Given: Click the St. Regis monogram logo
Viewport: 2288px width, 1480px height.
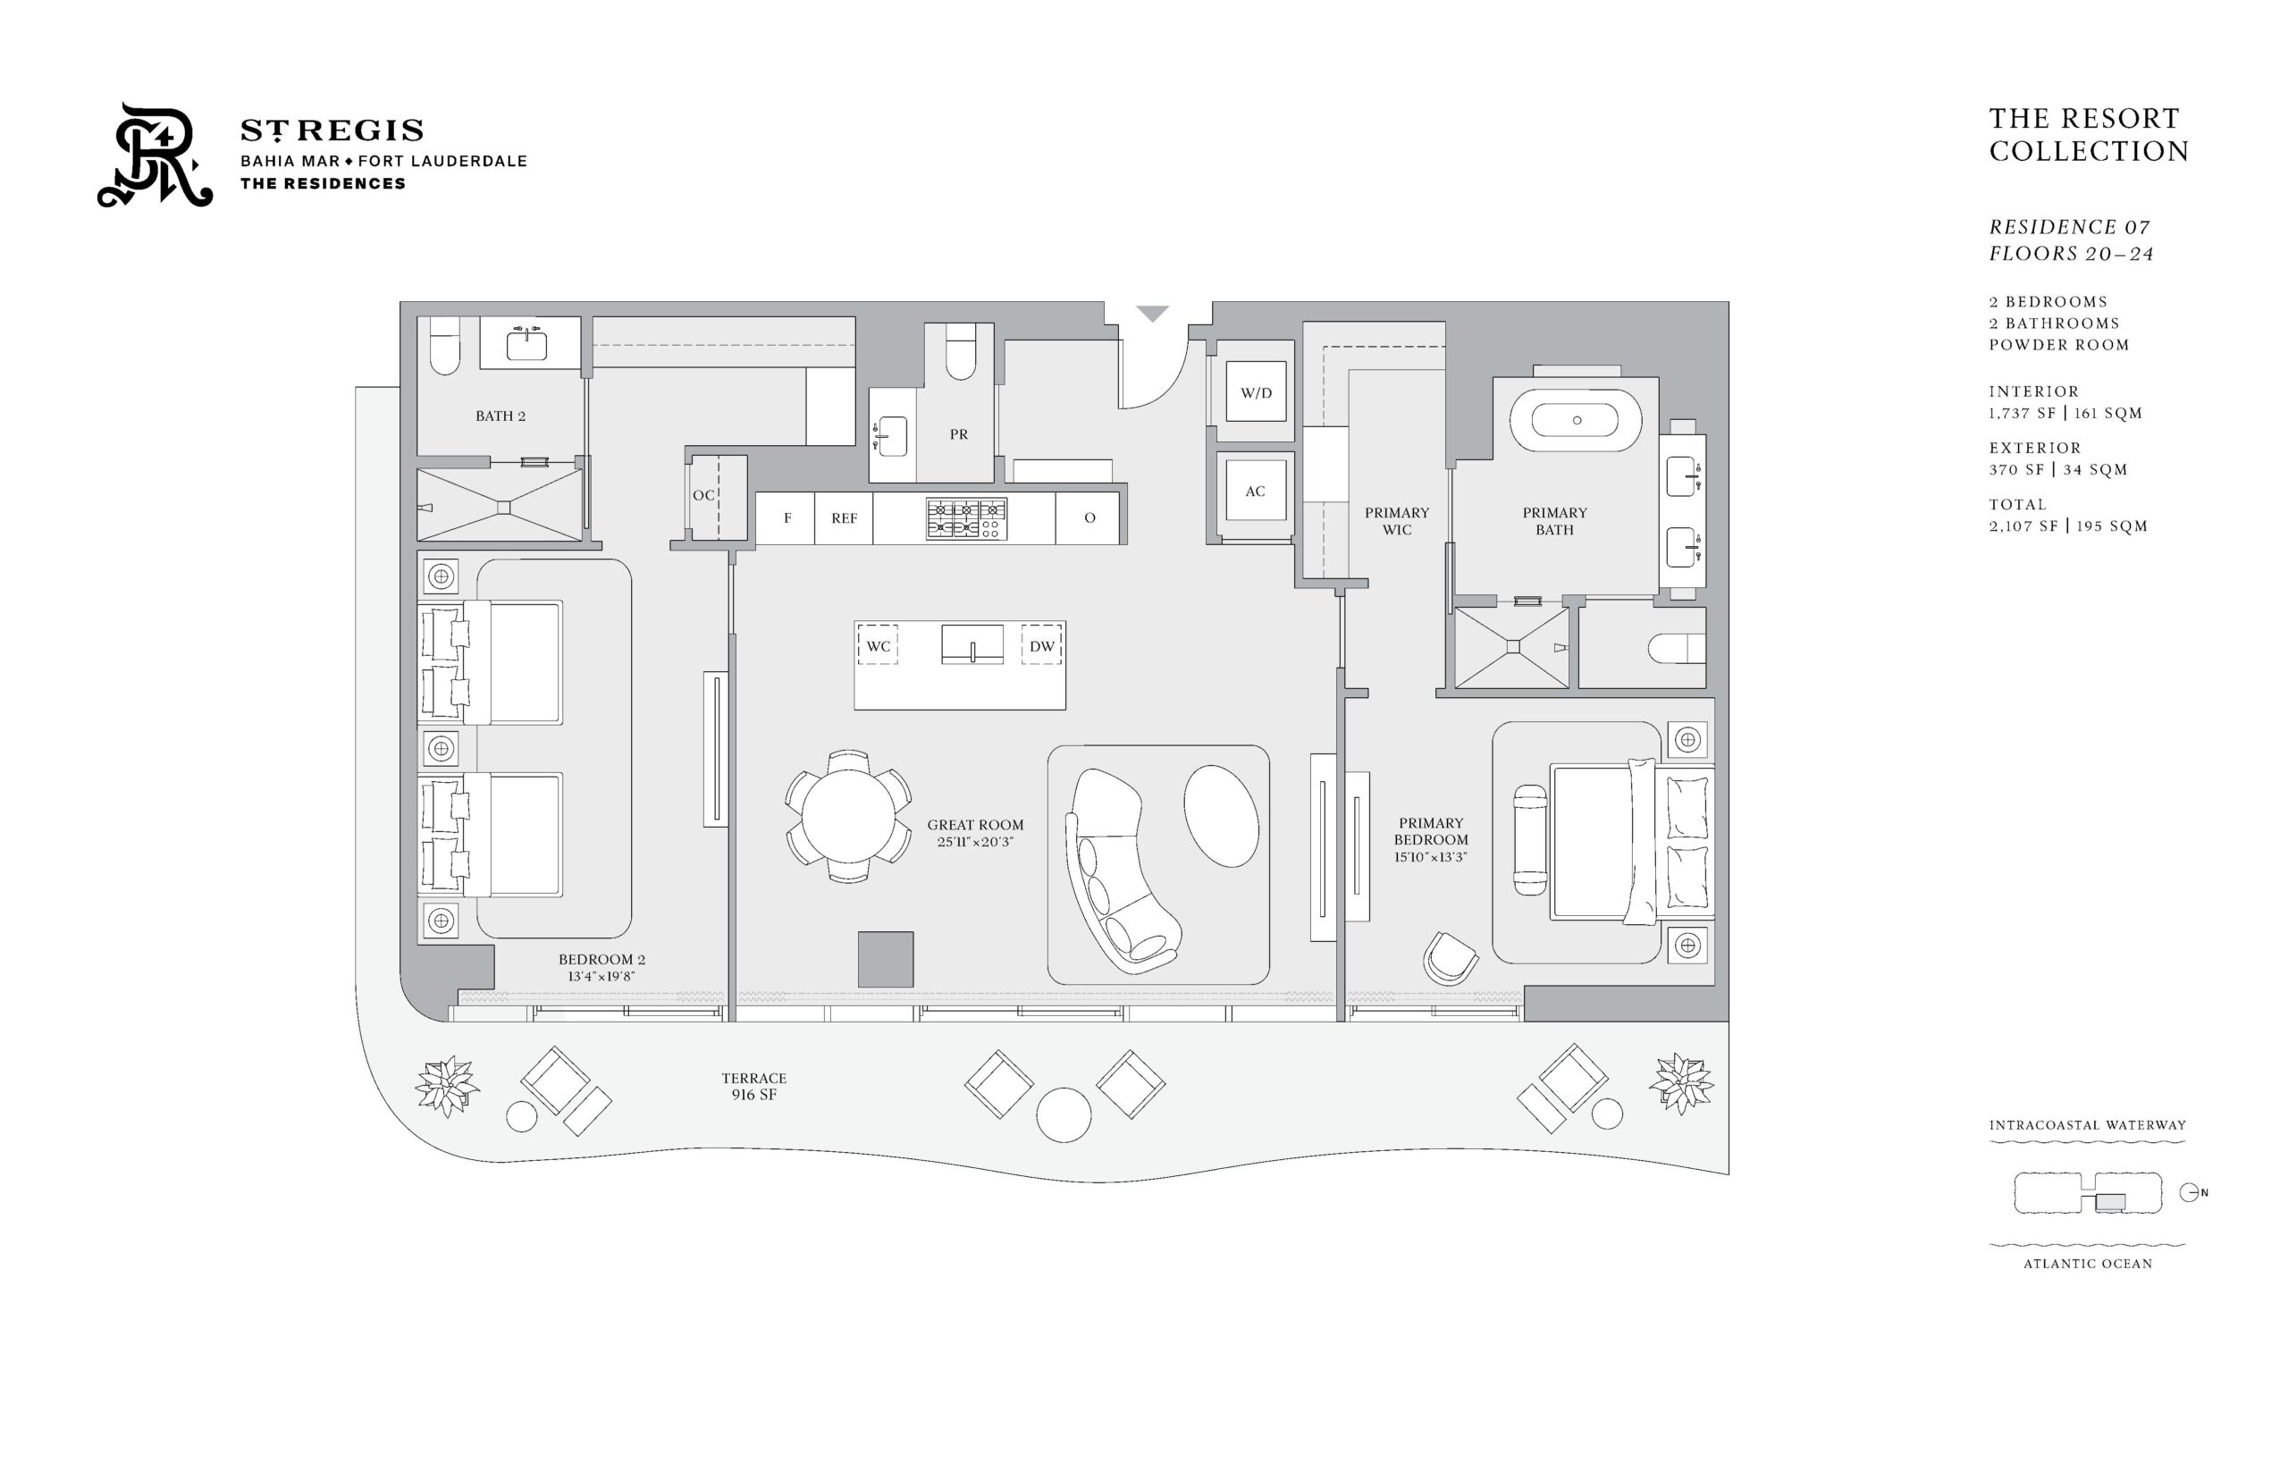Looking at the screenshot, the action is [155, 156].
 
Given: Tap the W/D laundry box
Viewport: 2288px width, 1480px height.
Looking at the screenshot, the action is [1255, 392].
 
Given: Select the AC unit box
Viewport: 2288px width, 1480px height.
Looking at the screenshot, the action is [1255, 491].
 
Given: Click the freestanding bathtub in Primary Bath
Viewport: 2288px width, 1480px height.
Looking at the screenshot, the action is [1576, 420].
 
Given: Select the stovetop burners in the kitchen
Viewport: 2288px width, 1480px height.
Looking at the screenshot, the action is [966, 518].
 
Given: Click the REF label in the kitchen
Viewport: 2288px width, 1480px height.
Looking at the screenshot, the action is [844, 518].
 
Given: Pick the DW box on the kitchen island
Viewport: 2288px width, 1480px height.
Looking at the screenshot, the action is [1041, 646].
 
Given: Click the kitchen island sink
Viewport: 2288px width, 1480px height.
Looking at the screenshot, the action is [972, 643].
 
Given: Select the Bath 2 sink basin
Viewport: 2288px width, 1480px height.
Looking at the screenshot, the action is [526, 344].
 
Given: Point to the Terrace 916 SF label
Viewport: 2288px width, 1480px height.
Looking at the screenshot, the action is [754, 1086].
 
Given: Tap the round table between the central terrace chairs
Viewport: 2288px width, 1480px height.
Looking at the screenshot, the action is [1064, 1114].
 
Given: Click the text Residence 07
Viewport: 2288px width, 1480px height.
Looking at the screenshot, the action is [2069, 227].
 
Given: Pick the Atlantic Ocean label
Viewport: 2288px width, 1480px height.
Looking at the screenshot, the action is [2087, 1264].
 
